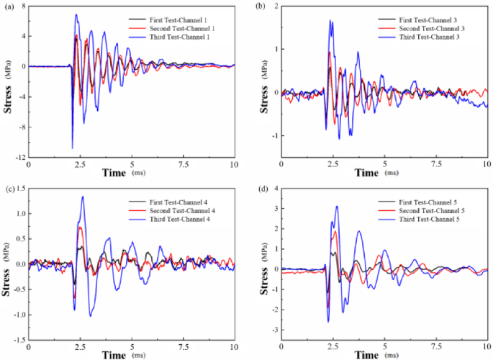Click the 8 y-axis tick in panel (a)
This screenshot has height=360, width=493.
[x=23, y=5]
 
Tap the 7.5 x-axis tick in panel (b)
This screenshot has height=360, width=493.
[x=436, y=164]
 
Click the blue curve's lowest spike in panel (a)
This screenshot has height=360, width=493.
[x=73, y=148]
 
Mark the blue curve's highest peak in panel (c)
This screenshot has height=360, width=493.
[x=83, y=197]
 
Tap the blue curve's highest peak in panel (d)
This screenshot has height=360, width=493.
[x=336, y=207]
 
